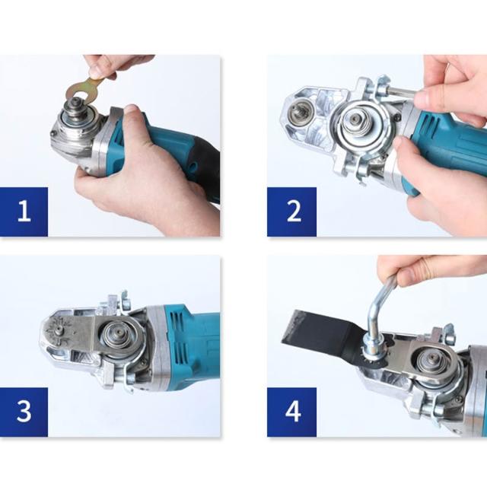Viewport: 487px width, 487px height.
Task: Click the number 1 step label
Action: [x=24, y=212]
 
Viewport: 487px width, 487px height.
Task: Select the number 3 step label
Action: [x=24, y=412]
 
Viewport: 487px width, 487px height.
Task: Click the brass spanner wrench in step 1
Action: [x=84, y=90]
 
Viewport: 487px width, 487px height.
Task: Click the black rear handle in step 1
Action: [x=206, y=169]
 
